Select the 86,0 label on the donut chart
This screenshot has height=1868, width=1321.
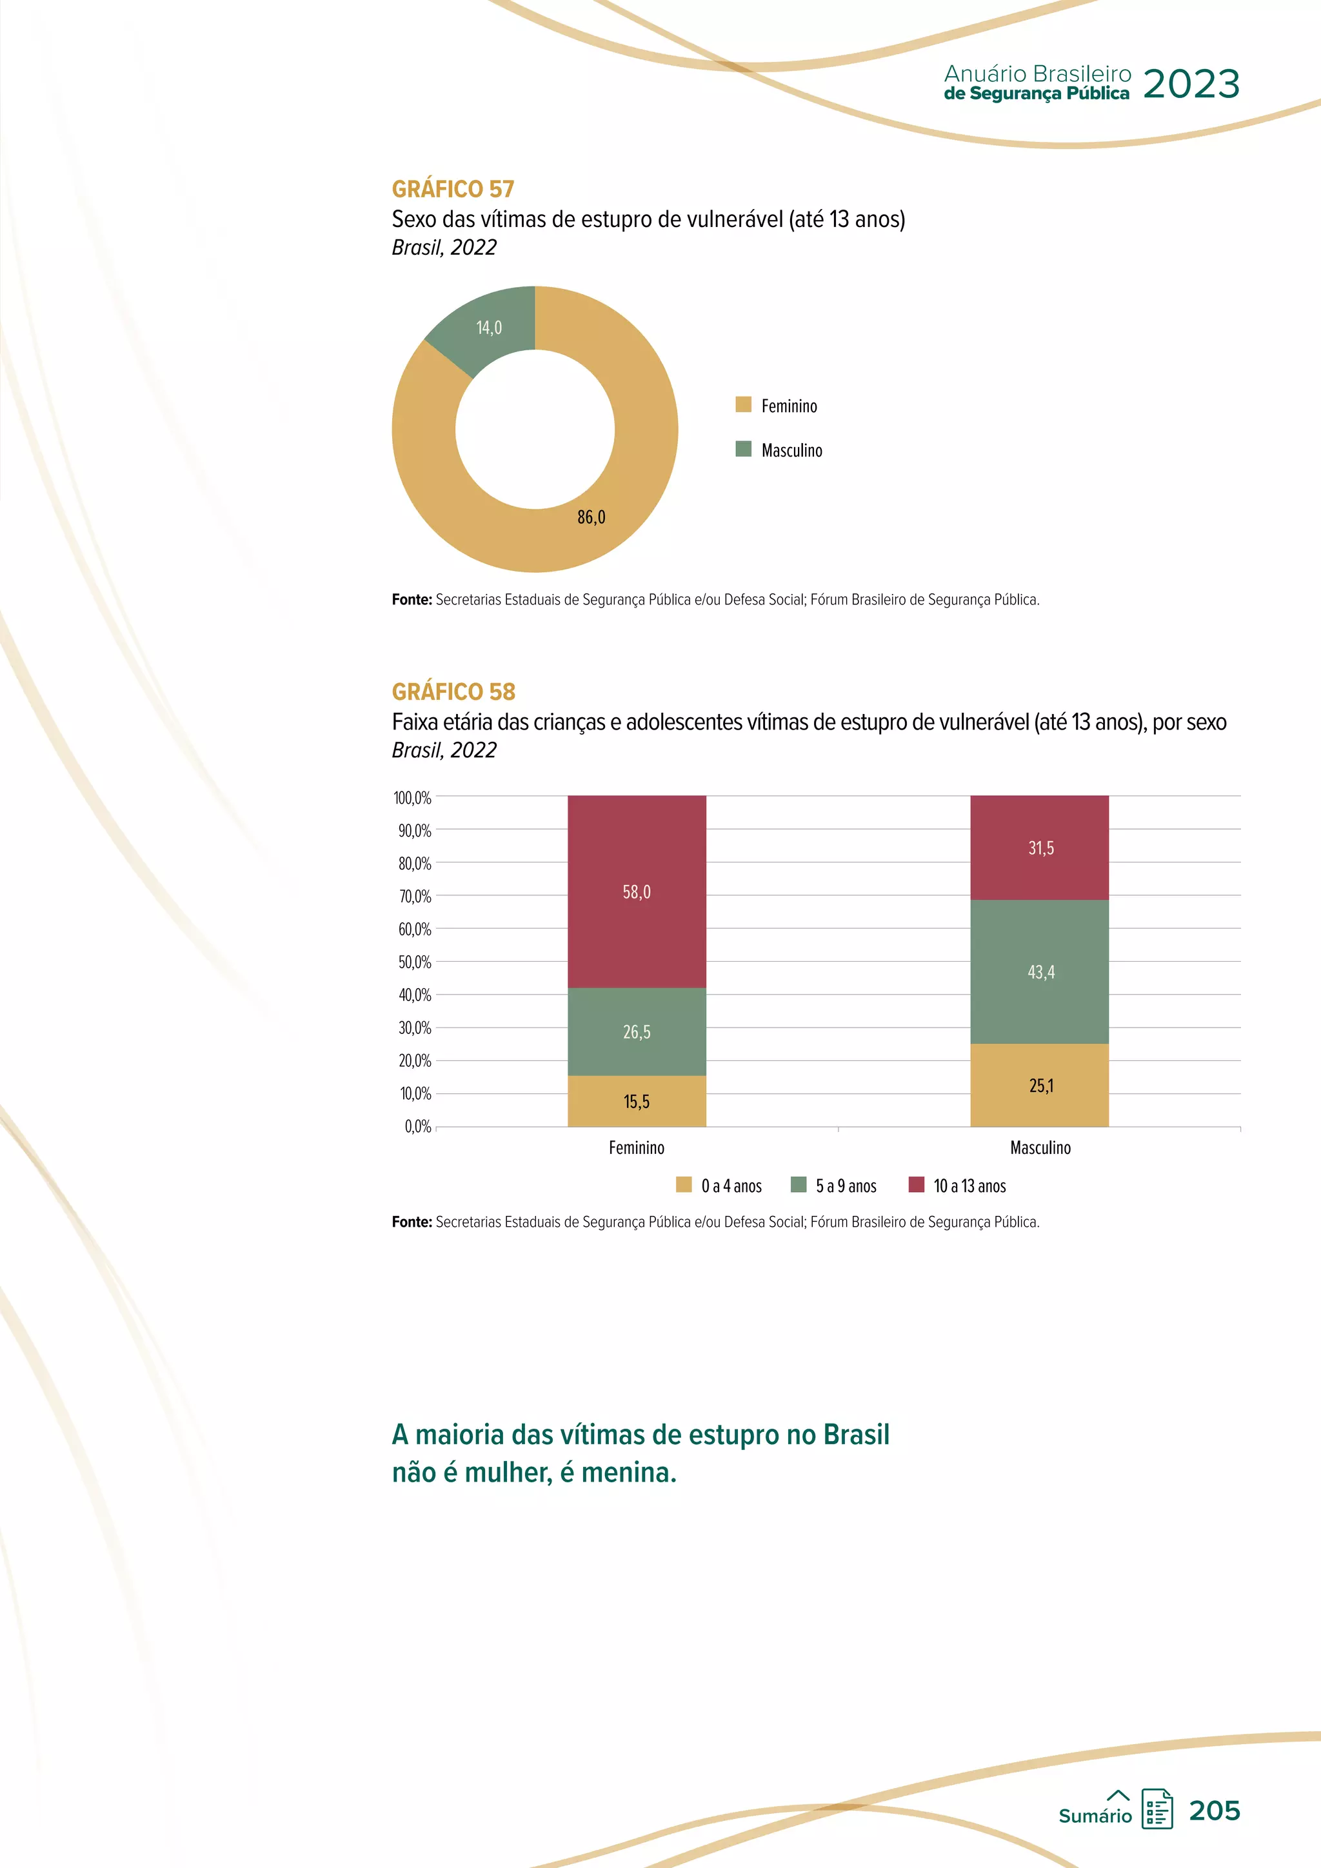click(591, 517)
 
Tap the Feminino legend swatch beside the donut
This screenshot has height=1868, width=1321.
click(742, 404)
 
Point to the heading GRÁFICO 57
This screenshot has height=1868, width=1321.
click(453, 189)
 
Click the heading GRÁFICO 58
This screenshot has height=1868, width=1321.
click(453, 691)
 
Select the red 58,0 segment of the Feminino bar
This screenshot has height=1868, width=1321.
click(636, 891)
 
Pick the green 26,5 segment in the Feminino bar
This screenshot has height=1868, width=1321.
click(636, 1031)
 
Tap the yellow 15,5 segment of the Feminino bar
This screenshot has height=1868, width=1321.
click(636, 1102)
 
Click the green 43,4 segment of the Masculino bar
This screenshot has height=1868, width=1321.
click(1040, 971)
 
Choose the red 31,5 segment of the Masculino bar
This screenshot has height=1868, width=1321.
click(1040, 848)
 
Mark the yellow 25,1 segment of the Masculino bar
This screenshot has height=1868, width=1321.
click(1040, 1086)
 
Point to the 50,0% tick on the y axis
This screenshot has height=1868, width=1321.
click(414, 962)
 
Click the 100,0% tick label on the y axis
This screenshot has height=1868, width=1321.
click(412, 798)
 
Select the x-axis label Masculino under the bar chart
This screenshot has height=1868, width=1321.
click(1040, 1148)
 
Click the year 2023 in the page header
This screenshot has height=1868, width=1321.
click(1191, 84)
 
